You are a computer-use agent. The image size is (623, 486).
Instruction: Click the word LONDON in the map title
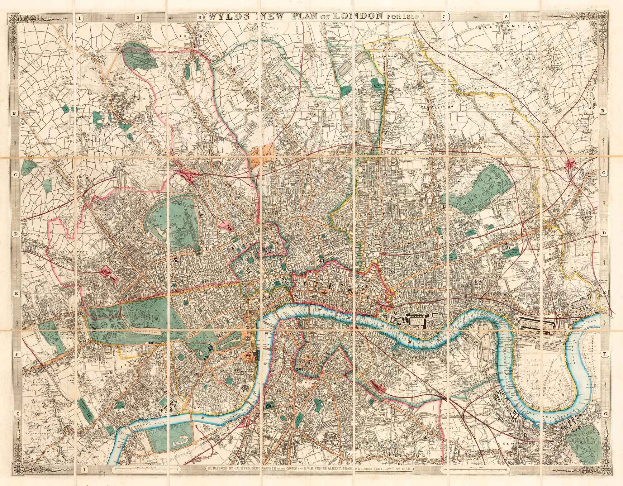click(x=357, y=16)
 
